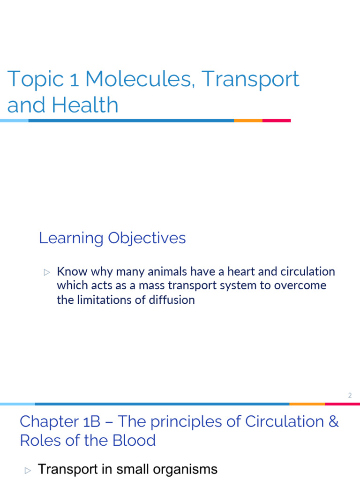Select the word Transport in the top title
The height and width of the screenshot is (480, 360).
[250, 80]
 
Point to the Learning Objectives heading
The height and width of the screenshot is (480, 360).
[112, 238]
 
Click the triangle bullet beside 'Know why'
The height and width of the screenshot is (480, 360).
[46, 272]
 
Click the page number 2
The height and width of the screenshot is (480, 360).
[350, 396]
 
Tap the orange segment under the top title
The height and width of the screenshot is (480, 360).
[248, 121]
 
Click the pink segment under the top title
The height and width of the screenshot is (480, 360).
[276, 121]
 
